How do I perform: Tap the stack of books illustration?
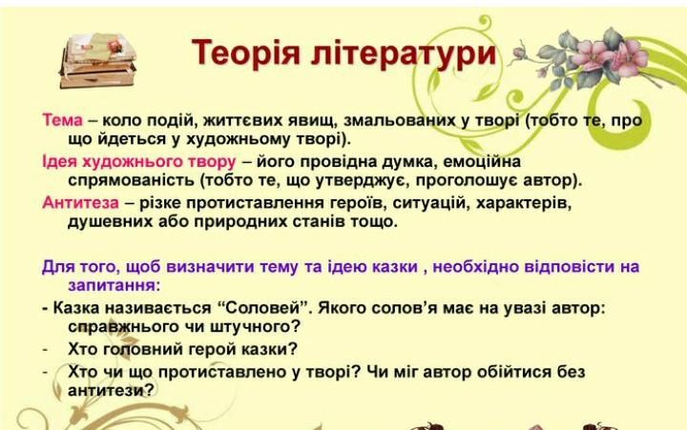pos(98,60)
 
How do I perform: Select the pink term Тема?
pos(62,120)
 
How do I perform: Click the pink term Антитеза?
pos(80,203)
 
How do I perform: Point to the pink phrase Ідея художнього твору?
pos(139,161)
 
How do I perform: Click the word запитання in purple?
pos(113,285)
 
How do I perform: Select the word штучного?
pos(256,327)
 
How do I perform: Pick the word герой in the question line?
pos(214,349)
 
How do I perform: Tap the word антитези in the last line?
pos(112,390)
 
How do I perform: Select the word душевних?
pos(107,221)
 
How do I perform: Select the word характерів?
pos(524,203)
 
